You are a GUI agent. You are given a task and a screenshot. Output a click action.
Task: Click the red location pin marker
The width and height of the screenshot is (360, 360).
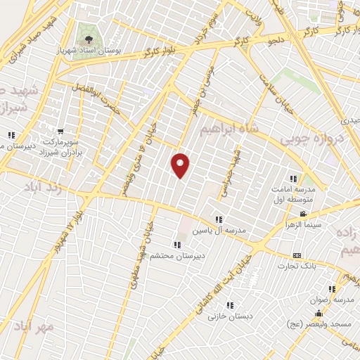tap(181, 165)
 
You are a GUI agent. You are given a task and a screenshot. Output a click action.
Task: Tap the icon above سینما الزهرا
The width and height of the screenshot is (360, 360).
tap(303, 214)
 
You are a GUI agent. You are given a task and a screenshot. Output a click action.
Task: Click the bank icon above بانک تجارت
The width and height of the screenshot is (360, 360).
tap(297, 255)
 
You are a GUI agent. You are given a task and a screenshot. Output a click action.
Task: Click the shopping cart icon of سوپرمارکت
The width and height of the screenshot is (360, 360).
tap(60, 131)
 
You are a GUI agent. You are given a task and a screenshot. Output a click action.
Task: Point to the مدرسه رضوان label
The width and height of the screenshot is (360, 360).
tap(334, 298)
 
